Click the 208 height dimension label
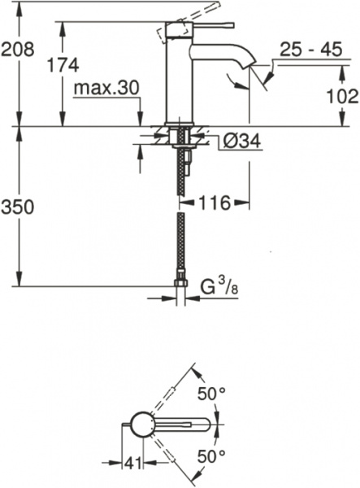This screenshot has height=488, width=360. pos(17,49)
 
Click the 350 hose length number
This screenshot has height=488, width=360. pos(17,207)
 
